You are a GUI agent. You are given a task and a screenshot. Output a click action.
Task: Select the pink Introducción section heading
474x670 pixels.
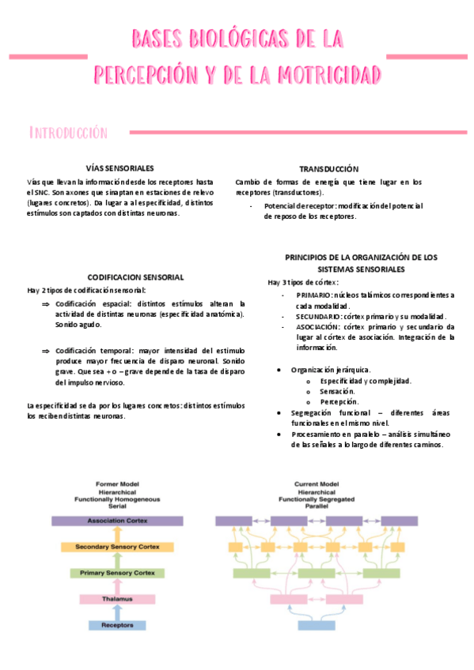(x=67, y=132)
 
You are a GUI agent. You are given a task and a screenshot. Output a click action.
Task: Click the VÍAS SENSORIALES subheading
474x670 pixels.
(x=119, y=167)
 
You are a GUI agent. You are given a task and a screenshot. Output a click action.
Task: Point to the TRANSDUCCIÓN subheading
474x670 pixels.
(x=328, y=169)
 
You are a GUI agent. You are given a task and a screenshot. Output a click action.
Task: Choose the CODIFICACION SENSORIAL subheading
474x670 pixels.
(x=135, y=277)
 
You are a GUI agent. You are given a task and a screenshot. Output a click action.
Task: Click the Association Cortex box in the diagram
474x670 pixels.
(x=117, y=521)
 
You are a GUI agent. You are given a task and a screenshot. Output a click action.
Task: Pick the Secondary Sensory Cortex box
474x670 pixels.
(x=117, y=547)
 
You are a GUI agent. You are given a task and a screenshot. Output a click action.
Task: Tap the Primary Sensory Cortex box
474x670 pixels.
(x=117, y=572)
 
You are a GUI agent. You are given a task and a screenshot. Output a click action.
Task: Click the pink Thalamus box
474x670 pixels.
(x=117, y=600)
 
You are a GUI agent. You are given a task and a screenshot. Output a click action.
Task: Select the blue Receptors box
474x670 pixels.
(x=117, y=625)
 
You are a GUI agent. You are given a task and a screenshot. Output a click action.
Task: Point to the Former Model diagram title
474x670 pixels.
(x=117, y=484)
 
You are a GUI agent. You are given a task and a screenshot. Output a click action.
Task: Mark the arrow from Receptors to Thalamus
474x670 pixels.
(x=117, y=613)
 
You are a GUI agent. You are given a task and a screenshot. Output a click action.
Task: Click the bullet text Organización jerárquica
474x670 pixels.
(x=331, y=370)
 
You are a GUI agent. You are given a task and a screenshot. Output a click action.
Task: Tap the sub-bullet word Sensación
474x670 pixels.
(x=337, y=391)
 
